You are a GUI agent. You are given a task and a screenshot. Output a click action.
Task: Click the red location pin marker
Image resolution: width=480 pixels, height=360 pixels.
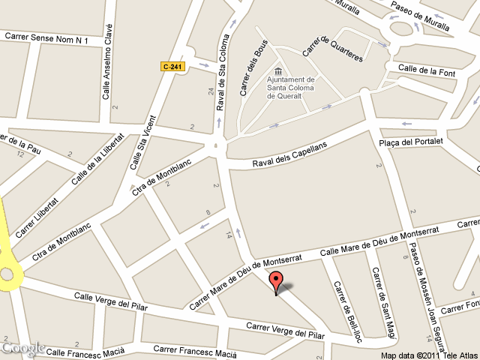point(277,283)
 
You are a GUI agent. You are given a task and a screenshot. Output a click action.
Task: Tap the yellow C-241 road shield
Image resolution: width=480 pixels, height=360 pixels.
point(172,67)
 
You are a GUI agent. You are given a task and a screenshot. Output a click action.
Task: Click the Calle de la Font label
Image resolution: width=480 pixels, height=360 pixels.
point(427,70)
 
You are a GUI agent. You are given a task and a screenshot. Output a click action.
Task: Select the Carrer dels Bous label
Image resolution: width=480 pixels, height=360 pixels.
point(251,68)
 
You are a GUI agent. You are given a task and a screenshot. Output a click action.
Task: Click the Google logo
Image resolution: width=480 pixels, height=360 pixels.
point(22,348)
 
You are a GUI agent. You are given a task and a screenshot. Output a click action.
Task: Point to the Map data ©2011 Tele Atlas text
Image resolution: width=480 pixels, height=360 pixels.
point(428,355)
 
